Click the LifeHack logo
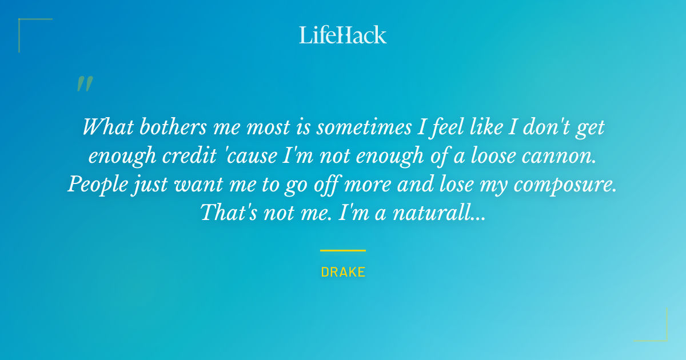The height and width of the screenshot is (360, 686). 343,35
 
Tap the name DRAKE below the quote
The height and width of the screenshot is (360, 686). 343,272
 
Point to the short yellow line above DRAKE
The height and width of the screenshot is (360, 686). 343,250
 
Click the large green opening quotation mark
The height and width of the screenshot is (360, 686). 84,84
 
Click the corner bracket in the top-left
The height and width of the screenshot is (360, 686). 23,23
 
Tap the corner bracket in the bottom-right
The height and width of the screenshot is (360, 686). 663,337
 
